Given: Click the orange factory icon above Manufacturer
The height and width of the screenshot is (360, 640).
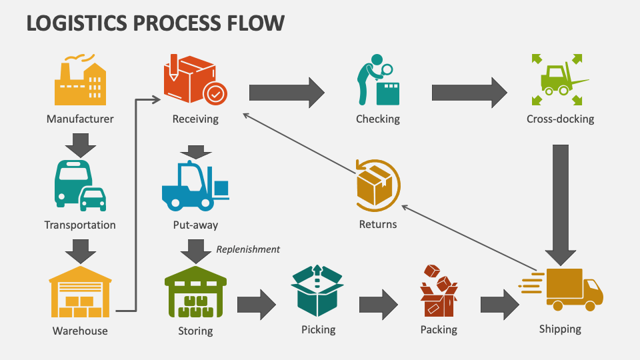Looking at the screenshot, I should (80, 81).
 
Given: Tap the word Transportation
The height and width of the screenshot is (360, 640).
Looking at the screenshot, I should (80, 225).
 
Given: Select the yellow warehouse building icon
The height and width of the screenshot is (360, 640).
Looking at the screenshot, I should (80, 292).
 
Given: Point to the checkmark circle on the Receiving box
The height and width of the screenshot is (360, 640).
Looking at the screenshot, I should (215, 95).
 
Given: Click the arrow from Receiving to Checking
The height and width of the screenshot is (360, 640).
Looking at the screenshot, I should (286, 93).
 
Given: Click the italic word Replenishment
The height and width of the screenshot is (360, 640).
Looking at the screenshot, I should (248, 249).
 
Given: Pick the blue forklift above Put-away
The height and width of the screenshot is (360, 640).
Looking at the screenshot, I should (193, 187).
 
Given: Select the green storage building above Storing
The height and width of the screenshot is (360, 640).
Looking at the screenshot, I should (195, 293).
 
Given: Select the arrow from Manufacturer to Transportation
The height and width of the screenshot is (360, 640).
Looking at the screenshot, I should (80, 144).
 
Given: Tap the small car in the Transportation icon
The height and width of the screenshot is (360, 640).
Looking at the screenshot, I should (92, 197).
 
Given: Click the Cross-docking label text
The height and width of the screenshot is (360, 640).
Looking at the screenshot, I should (560, 119).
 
